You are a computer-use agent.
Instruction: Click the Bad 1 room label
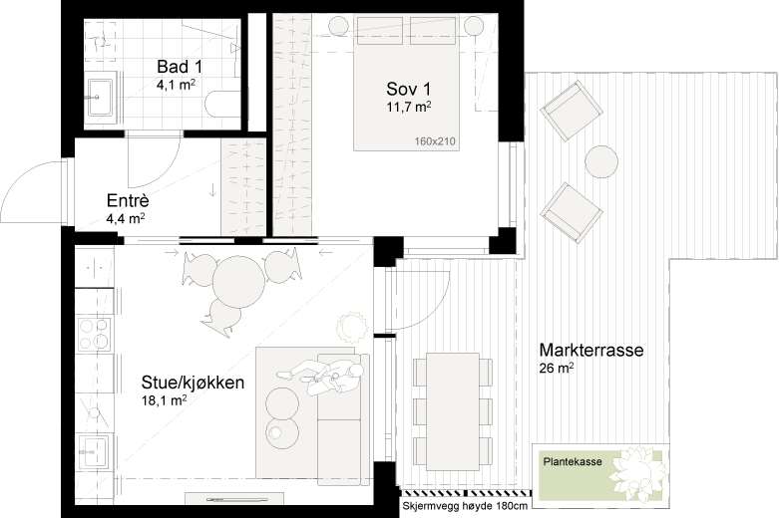(180, 67)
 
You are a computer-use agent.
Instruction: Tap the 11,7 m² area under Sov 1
(408, 107)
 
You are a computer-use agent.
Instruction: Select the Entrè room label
(128, 201)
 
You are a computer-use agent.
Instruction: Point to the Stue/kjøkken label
(193, 383)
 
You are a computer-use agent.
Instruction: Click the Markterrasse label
(591, 350)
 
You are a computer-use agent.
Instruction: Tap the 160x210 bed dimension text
(435, 141)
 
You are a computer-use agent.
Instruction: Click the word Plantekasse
(573, 461)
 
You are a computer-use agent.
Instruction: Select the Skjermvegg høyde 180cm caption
(465, 506)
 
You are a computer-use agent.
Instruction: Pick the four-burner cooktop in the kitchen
(95, 334)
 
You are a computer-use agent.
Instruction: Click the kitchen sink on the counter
(95, 452)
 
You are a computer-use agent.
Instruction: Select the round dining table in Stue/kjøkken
(238, 281)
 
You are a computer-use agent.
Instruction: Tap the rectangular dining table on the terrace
(453, 411)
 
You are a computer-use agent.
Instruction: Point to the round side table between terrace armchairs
(601, 161)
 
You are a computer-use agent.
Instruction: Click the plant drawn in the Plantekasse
(637, 471)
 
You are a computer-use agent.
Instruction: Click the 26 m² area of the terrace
(557, 369)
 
